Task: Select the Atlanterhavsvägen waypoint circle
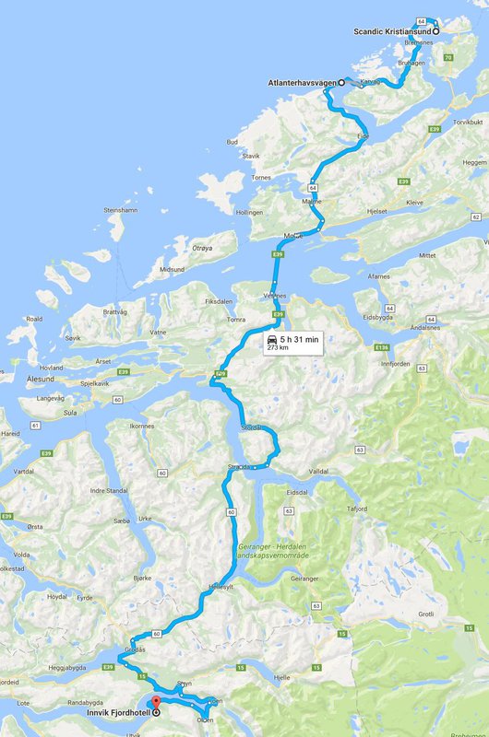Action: [x=341, y=82]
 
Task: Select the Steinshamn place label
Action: [x=120, y=210]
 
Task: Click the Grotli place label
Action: [x=425, y=614]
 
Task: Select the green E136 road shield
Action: [x=382, y=347]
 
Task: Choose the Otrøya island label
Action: [x=201, y=247]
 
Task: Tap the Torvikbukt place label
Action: [x=468, y=123]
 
